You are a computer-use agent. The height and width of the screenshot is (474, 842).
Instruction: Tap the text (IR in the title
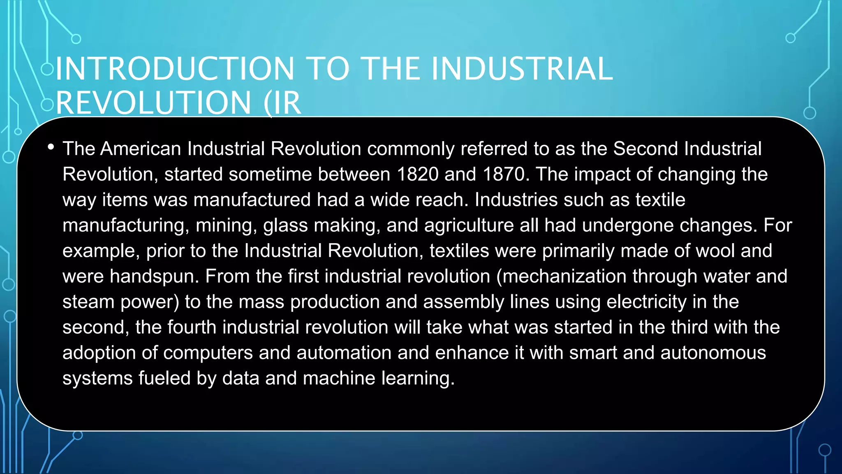coord(283,103)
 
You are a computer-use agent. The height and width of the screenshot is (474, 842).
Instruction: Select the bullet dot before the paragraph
coord(51,147)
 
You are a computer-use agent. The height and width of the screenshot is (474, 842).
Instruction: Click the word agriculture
coord(469,225)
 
